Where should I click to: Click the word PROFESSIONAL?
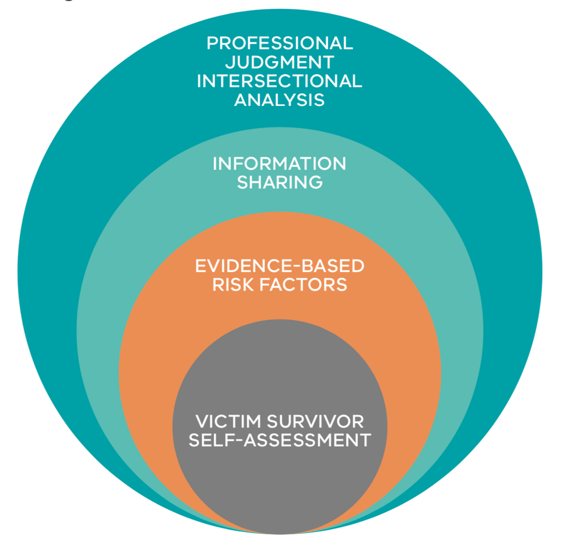click(280, 43)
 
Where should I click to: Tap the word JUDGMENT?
click(280, 62)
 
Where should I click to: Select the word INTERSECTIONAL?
click(280, 81)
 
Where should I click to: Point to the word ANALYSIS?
click(280, 100)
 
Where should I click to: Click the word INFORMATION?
click(280, 163)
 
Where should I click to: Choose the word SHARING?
click(280, 182)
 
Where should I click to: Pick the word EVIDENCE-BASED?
click(280, 266)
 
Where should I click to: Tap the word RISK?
click(233, 285)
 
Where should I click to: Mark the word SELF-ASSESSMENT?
click(280, 440)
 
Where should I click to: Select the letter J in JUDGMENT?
click(231, 62)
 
